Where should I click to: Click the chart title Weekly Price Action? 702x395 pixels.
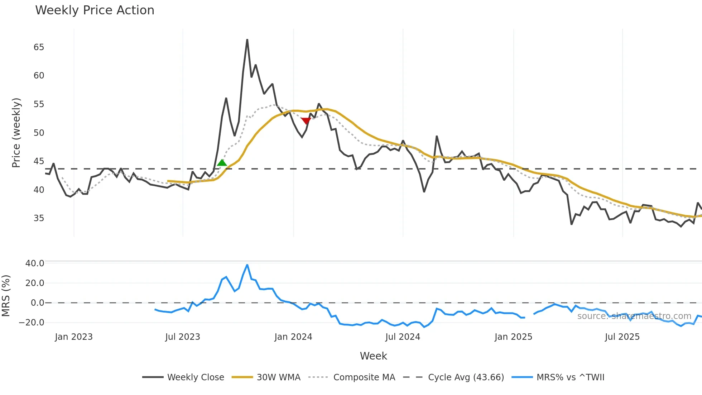[95, 10]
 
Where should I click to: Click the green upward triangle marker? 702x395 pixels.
[222, 163]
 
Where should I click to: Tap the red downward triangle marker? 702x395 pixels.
[306, 121]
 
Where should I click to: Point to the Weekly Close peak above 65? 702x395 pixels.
[247, 40]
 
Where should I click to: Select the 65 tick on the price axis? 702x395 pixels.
[39, 47]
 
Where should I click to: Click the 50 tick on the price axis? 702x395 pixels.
[39, 133]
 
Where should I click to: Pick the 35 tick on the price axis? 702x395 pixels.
[39, 218]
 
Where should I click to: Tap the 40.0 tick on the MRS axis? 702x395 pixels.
[35, 263]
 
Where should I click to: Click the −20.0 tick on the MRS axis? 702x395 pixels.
[32, 323]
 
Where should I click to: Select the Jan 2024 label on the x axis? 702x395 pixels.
[293, 337]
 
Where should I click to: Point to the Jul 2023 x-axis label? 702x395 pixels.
[183, 337]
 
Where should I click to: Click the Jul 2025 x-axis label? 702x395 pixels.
[622, 337]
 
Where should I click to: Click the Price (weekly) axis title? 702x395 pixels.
[16, 133]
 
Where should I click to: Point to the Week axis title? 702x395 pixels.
[373, 356]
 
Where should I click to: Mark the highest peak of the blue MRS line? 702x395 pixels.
[247, 265]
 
